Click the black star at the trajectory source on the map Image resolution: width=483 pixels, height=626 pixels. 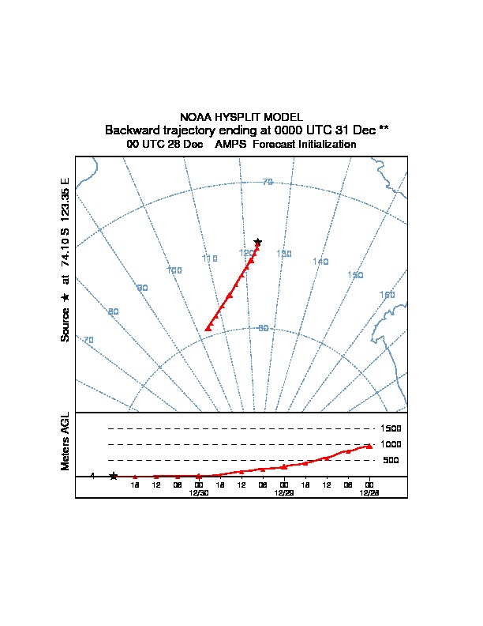257,241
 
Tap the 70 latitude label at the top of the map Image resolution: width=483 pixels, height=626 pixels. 268,183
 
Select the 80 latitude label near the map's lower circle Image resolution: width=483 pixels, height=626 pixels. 263,328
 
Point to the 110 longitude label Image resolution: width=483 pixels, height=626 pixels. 209,258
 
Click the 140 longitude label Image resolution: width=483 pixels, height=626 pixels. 320,262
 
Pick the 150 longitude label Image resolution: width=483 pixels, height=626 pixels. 355,275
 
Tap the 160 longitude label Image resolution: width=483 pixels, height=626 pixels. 387,295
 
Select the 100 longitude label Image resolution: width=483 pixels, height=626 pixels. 174,270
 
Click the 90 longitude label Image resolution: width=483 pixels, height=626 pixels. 143,288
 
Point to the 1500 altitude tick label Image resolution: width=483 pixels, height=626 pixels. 391,428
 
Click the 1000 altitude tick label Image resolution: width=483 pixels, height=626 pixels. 391,444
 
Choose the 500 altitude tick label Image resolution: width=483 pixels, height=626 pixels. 391,460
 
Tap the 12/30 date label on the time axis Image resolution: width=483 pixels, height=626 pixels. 198,492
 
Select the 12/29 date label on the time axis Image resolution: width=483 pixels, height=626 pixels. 283,492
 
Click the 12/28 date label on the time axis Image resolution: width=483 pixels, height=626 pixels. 369,492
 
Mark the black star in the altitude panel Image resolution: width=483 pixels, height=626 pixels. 114,476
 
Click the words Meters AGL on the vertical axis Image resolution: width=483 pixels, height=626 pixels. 66,441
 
